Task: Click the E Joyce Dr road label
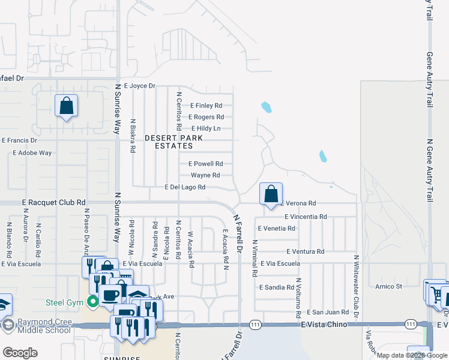(139, 86)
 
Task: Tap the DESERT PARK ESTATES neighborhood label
(174, 142)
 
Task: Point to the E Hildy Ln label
(206, 128)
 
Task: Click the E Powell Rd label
(206, 163)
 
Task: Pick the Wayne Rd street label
(205, 175)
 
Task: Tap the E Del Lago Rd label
(185, 187)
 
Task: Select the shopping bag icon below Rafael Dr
(66, 106)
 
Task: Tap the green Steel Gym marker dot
(92, 301)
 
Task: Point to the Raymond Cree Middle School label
(45, 326)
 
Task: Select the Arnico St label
(388, 286)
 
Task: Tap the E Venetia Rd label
(276, 228)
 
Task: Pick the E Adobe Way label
(32, 153)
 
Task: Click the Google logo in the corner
(20, 353)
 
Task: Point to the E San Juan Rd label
(328, 312)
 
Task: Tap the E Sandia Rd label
(277, 287)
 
